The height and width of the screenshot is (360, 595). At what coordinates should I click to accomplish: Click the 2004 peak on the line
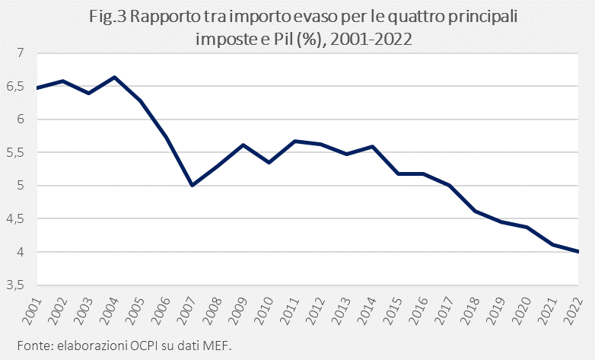[114, 77]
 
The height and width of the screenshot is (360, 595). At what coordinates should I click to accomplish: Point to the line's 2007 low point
[192, 185]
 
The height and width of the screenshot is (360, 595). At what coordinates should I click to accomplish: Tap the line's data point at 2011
[294, 141]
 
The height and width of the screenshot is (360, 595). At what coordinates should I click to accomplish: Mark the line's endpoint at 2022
[578, 252]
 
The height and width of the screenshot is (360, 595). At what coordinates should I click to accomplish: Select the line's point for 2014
[372, 146]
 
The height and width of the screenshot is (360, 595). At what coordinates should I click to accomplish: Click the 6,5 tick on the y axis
[16, 86]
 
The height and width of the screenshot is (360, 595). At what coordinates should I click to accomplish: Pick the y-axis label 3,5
[16, 285]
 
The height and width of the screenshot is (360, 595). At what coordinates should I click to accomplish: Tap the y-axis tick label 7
[21, 53]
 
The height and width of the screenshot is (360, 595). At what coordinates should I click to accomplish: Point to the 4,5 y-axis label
[16, 219]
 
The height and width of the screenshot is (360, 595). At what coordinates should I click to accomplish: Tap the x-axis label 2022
[576, 308]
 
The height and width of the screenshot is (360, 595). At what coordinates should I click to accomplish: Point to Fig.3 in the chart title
[109, 18]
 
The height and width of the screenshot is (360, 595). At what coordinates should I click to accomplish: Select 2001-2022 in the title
[368, 40]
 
